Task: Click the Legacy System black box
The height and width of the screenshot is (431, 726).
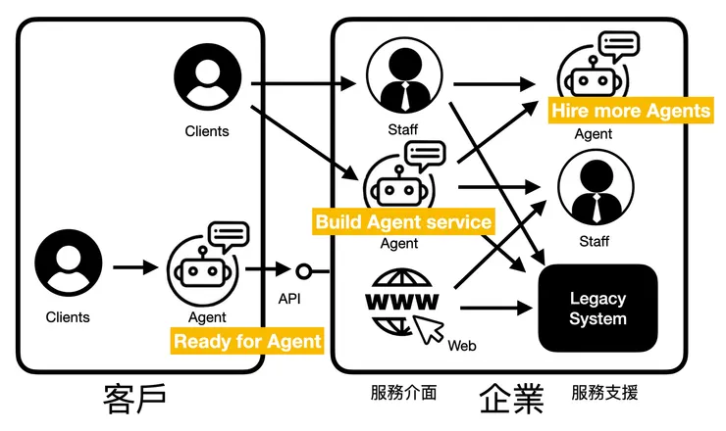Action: (x=597, y=308)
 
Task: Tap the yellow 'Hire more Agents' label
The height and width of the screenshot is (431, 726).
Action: (x=630, y=110)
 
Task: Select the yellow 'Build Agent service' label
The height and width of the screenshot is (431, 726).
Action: (x=403, y=222)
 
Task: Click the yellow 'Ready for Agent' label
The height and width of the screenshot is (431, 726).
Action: (x=247, y=341)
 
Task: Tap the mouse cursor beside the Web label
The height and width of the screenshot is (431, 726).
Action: (x=429, y=330)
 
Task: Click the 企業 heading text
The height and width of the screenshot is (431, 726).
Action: (x=511, y=397)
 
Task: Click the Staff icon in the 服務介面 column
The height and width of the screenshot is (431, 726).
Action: (x=403, y=79)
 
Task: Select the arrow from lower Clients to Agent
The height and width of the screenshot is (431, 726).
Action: (x=135, y=266)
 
